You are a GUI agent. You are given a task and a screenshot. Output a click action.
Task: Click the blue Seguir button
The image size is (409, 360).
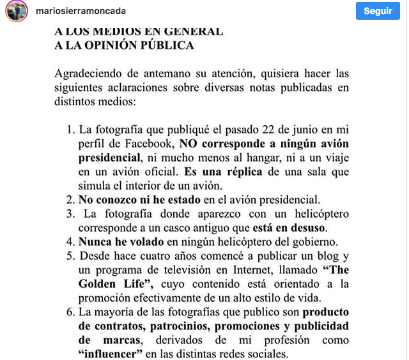(x=378, y=11)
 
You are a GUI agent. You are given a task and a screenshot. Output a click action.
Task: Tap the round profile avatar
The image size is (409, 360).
(x=17, y=11)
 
